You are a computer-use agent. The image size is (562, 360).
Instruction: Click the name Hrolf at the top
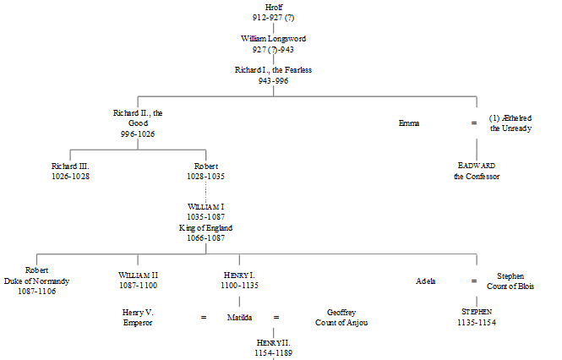[274, 7]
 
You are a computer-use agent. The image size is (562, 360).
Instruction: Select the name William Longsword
[274, 38]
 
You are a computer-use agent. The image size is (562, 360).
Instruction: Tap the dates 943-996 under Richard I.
[274, 80]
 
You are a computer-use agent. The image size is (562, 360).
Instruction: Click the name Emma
[409, 123]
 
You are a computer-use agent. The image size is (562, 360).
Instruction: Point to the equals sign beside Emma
[473, 123]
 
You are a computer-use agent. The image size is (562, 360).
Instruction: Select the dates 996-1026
[136, 134]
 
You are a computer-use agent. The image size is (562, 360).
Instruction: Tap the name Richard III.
[69, 166]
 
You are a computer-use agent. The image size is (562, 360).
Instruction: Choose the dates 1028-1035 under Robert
[205, 177]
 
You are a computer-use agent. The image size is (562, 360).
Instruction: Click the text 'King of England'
[205, 228]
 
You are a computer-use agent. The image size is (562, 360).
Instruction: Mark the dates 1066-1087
[205, 238]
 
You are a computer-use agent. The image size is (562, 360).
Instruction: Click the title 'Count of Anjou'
[341, 322]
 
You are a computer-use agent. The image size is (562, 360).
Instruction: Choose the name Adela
[426, 281]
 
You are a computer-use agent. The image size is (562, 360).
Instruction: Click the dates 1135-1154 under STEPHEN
[477, 322]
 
